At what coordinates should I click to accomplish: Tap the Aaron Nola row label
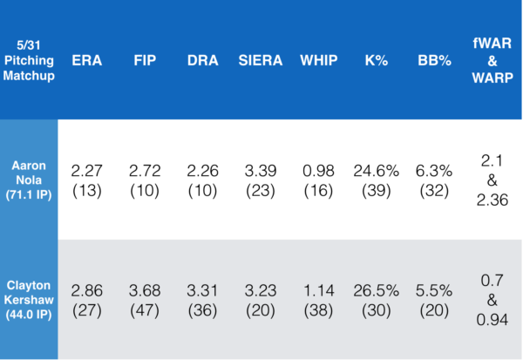pos(29,178)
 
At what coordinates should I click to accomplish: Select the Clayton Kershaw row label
pos(29,298)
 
